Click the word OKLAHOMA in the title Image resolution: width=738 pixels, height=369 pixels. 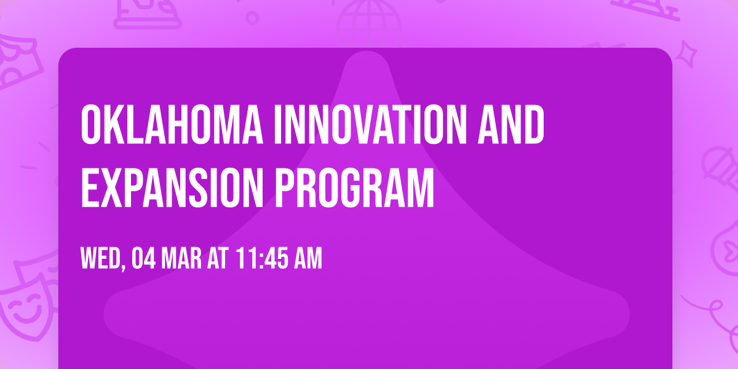pos(172,124)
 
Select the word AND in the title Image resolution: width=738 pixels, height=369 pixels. pos(511,124)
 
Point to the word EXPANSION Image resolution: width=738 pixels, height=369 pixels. pos(172,188)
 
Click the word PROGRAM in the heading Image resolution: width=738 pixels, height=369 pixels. pos(354,188)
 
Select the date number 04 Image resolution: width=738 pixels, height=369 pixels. pos(144,259)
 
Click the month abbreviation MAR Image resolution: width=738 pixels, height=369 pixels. pos(181,259)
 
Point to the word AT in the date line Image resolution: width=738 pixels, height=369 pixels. pos(218,259)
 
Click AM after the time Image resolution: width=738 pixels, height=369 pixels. pos(308,259)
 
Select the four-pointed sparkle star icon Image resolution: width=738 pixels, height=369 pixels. pos(686,54)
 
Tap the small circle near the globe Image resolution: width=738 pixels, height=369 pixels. pos(252,18)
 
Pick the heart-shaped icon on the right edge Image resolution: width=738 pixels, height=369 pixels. pos(726,250)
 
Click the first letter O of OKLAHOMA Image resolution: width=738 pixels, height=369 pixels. pos(90,124)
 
